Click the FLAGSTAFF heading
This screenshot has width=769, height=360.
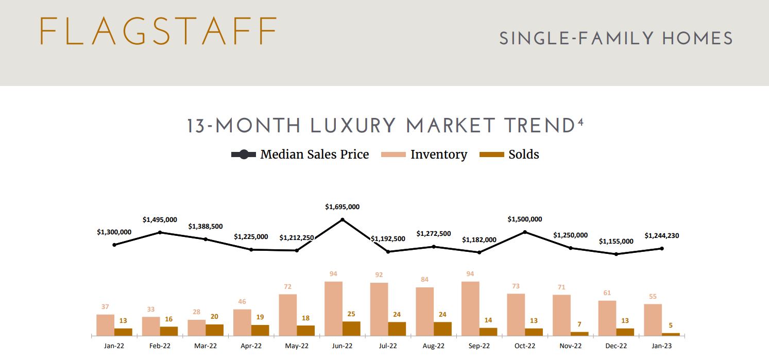pos(158,31)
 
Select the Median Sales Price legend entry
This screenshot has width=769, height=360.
pos(300,155)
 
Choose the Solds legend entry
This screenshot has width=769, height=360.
pos(509,155)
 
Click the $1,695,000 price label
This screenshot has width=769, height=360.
pos(343,207)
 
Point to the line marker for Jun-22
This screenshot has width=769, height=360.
pos(343,220)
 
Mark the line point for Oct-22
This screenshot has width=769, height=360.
pos(525,232)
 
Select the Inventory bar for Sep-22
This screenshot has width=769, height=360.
pos(470,308)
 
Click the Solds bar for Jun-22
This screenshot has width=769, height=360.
pos(351,329)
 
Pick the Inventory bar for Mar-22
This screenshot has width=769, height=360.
pos(196,328)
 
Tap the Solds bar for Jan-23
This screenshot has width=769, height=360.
pos(671,334)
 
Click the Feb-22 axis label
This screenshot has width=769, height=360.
pos(160,346)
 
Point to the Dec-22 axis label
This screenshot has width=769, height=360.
pos(616,346)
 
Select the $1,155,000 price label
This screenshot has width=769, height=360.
pos(616,241)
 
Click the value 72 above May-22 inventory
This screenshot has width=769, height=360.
pos(287,286)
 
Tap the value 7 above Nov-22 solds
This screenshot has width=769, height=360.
pos(579,324)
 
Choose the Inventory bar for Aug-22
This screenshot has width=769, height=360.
pos(424,312)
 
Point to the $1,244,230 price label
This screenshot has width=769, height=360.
pos(662,236)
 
